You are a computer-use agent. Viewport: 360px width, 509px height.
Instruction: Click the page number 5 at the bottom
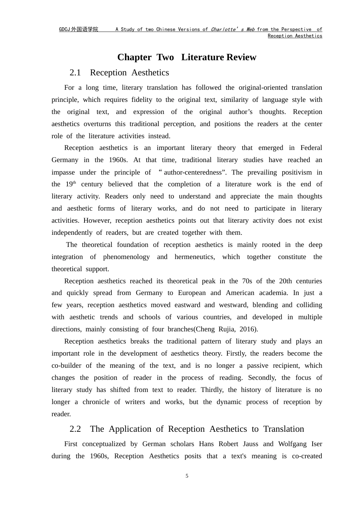click(x=187, y=476)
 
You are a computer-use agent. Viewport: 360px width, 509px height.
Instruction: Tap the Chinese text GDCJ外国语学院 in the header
click(x=78, y=30)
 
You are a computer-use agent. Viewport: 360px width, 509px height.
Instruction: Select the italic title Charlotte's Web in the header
click(x=232, y=30)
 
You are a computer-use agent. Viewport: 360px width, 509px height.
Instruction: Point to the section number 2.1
click(x=75, y=73)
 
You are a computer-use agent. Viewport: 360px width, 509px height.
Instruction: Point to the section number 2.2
click(x=75, y=429)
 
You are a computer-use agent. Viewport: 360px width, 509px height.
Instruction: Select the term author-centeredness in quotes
click(x=193, y=172)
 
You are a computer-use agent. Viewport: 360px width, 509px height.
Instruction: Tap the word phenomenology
click(x=127, y=257)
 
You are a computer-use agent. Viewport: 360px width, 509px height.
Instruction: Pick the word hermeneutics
click(x=194, y=257)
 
